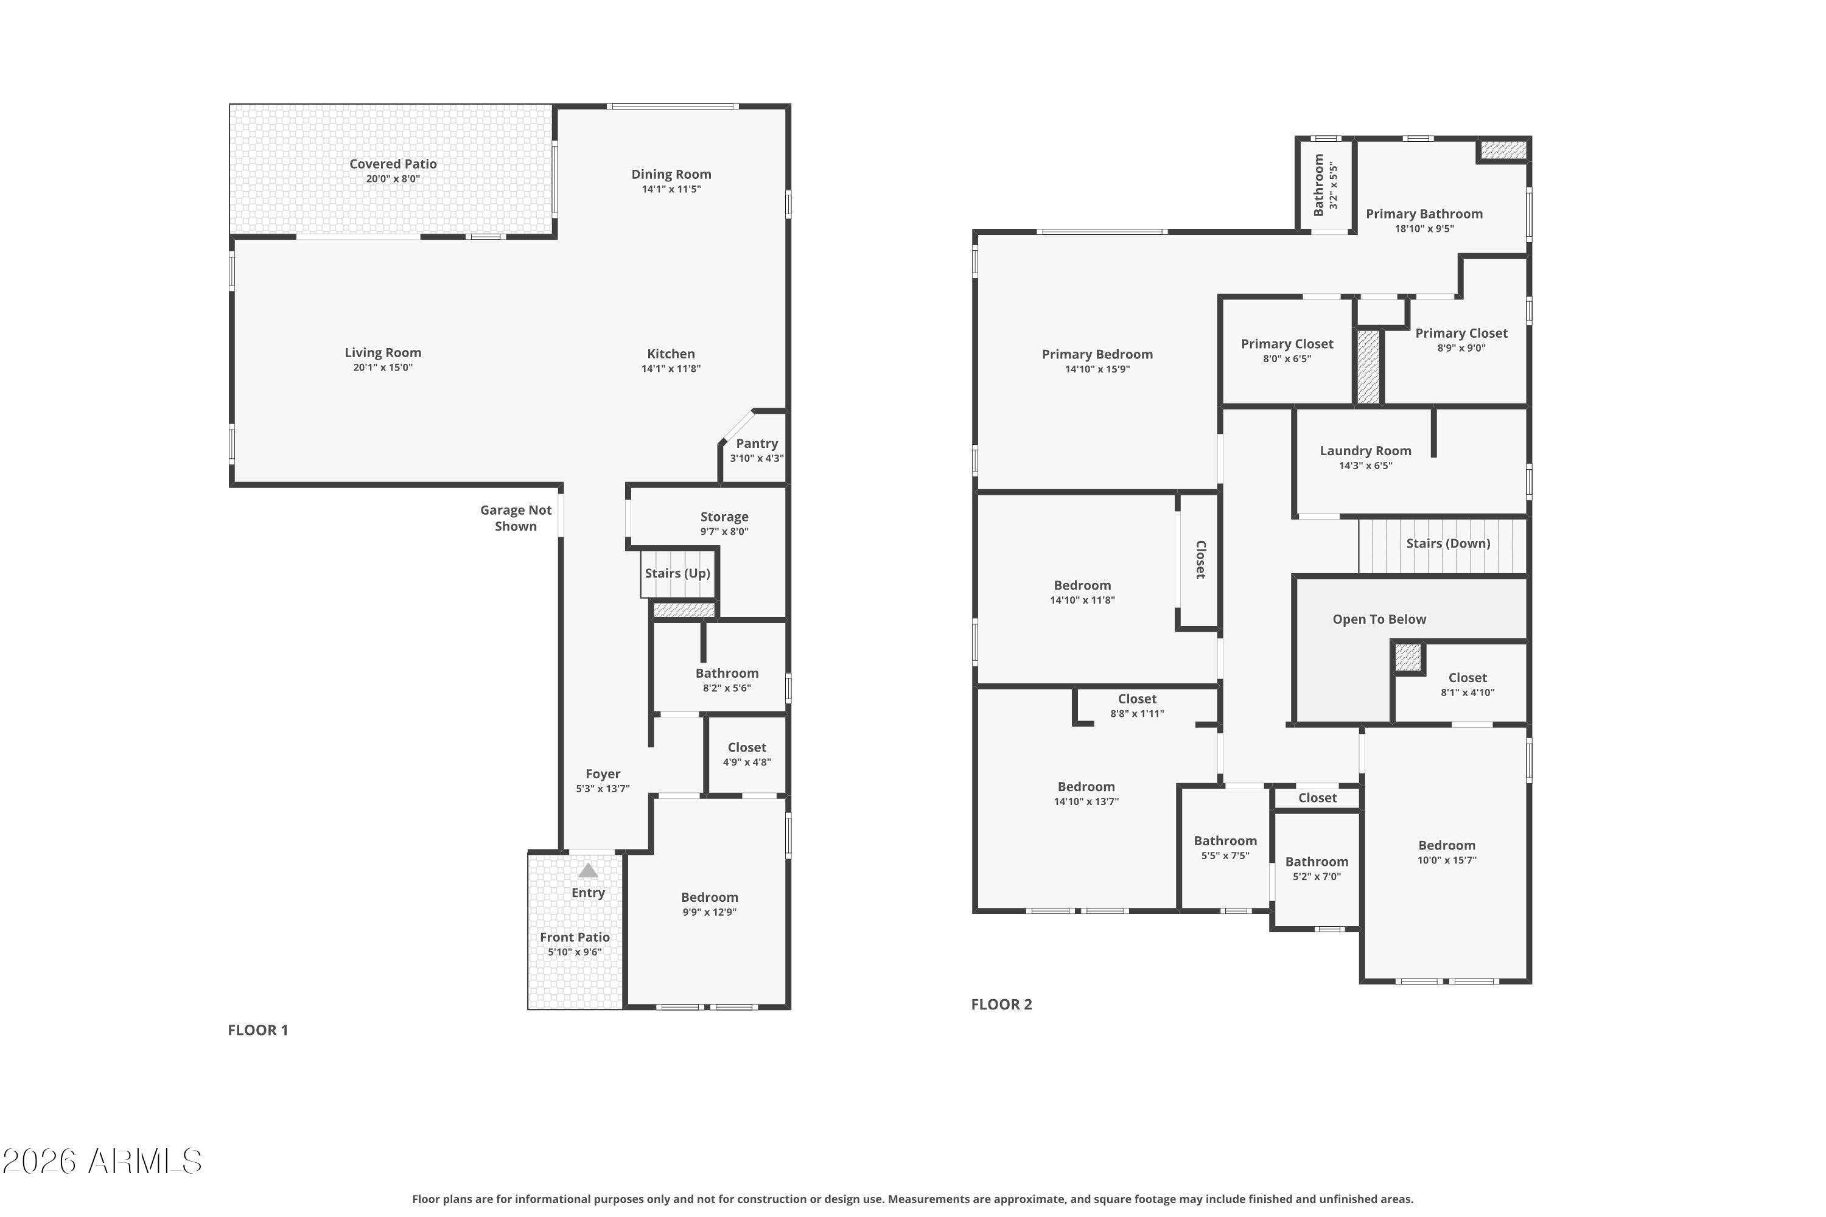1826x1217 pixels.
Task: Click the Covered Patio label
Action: pyautogui.click(x=393, y=164)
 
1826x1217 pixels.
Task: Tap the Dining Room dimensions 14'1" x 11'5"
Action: pyautogui.click(x=671, y=189)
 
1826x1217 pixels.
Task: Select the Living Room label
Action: pyautogui.click(x=383, y=352)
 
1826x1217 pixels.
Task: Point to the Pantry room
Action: pyautogui.click(x=753, y=448)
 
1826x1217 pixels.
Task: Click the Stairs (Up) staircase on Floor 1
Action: pyautogui.click(x=678, y=574)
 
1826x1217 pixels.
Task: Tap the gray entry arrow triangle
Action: pyautogui.click(x=588, y=871)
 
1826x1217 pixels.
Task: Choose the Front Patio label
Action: pyautogui.click(x=575, y=938)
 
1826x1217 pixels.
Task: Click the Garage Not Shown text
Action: pyautogui.click(x=516, y=518)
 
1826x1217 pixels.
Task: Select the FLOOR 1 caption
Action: pyautogui.click(x=257, y=1030)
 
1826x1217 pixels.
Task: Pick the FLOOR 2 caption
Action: pyautogui.click(x=1001, y=1005)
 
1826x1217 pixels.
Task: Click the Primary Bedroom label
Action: pyautogui.click(x=1097, y=355)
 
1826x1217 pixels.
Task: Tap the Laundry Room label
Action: pyautogui.click(x=1366, y=451)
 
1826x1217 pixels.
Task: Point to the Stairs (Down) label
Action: pyautogui.click(x=1448, y=543)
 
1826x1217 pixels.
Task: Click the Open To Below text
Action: pyautogui.click(x=1379, y=619)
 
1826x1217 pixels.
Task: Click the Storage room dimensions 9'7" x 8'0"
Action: pyautogui.click(x=724, y=532)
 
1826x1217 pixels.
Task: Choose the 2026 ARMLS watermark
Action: pyautogui.click(x=102, y=1162)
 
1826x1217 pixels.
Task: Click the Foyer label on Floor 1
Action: pyautogui.click(x=603, y=774)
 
